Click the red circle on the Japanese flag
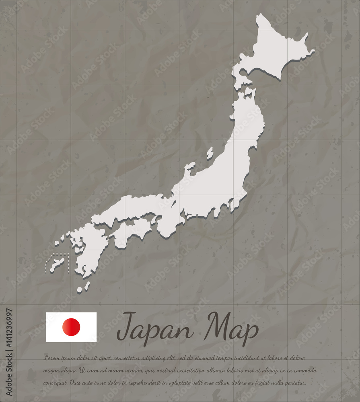[x=71, y=327]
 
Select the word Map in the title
[x=230, y=328]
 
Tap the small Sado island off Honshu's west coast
[x=210, y=153]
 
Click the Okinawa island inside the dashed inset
[x=57, y=263]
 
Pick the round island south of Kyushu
[x=80, y=289]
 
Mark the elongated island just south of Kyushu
[x=87, y=285]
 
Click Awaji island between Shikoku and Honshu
[x=153, y=220]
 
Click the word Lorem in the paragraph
[x=51, y=358]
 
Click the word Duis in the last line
[x=76, y=383]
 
